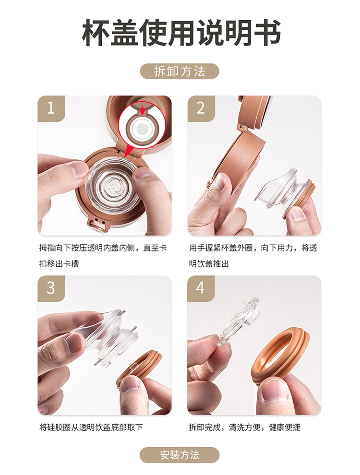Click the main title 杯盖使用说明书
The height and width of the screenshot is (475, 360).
(181, 33)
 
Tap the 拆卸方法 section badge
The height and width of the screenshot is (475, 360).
(180, 71)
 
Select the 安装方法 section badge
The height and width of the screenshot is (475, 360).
(180, 455)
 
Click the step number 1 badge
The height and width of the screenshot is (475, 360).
(51, 108)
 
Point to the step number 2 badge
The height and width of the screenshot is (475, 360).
(201, 108)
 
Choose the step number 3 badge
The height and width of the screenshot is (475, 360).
(51, 288)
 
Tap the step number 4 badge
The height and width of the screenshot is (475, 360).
(201, 288)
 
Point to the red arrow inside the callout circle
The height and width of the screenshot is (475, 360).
(142, 110)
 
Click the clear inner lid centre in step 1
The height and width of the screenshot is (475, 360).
(114, 187)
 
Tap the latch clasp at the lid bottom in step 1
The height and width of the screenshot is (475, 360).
(97, 225)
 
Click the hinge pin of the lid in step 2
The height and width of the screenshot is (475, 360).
(241, 126)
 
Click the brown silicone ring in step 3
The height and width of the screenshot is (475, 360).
(139, 367)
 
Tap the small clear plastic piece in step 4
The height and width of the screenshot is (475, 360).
(238, 321)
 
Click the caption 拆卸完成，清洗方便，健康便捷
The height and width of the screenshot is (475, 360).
(244, 427)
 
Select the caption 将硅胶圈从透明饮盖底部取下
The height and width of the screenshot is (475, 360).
(91, 427)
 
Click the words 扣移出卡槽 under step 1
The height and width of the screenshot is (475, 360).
(59, 264)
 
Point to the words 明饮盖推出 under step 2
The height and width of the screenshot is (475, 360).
(209, 264)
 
